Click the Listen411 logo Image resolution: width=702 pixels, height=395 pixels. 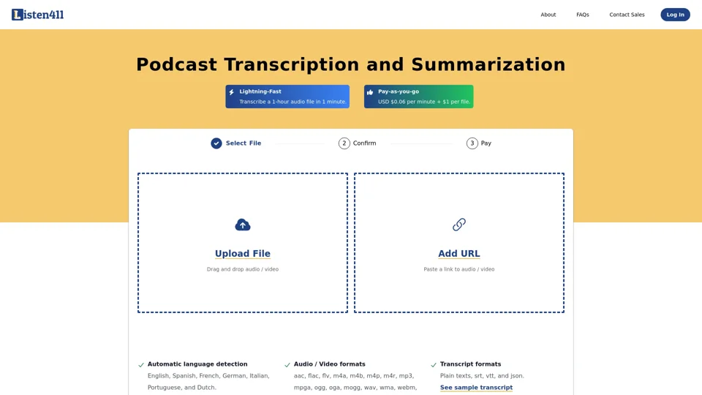coord(38,14)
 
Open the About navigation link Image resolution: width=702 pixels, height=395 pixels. coord(548,15)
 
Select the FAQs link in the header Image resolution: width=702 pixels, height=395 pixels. coord(582,15)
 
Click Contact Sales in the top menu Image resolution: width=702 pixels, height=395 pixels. coord(627,15)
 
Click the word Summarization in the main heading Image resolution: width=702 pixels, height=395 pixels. coord(488,64)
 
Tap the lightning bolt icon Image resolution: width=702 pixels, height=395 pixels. coord(232,92)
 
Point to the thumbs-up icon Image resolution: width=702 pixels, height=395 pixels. coord(370,92)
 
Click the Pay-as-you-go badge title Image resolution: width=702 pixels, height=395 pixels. coord(399,91)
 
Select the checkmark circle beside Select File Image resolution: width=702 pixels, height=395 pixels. coord(216,143)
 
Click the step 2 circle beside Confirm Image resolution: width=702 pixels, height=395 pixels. coord(344,143)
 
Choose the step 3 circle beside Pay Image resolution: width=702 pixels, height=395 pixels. coord(472,143)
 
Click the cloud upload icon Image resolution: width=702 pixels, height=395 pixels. coord(243,225)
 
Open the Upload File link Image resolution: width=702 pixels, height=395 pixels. coord(243,254)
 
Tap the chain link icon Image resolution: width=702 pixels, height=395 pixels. coord(459,225)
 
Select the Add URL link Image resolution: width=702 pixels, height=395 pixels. coord(459,254)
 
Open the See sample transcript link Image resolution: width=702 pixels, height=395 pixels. coord(476,388)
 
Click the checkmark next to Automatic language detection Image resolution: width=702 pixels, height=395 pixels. coord(141,364)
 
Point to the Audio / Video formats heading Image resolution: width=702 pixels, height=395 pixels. coord(329,364)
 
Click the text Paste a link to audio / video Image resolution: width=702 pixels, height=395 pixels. coord(459,269)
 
